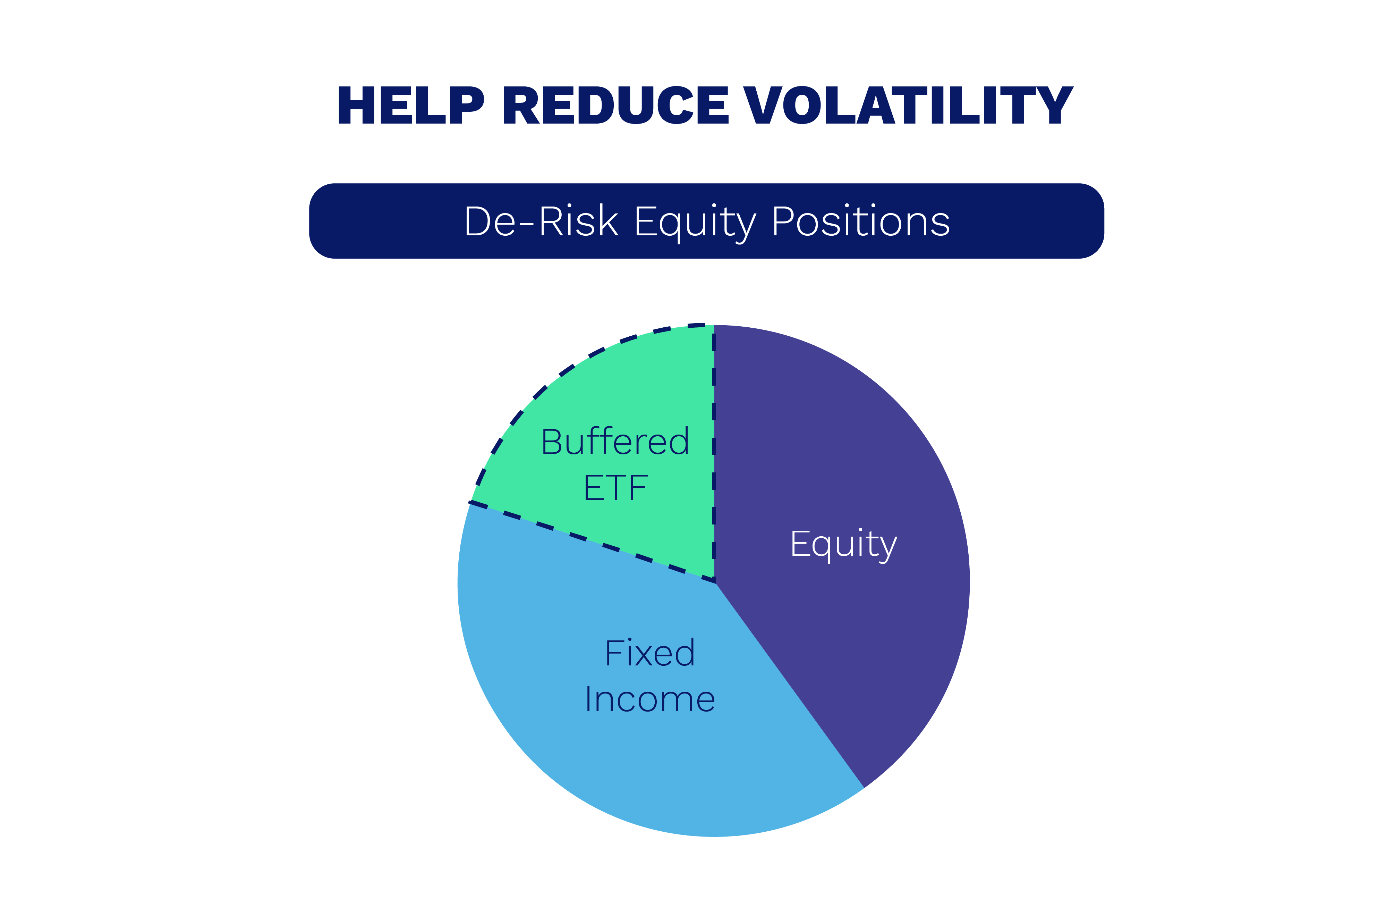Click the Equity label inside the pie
pos(843,544)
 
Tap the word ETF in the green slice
pos(615,488)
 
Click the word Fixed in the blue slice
pos(649,653)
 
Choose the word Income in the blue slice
pos(649,699)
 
